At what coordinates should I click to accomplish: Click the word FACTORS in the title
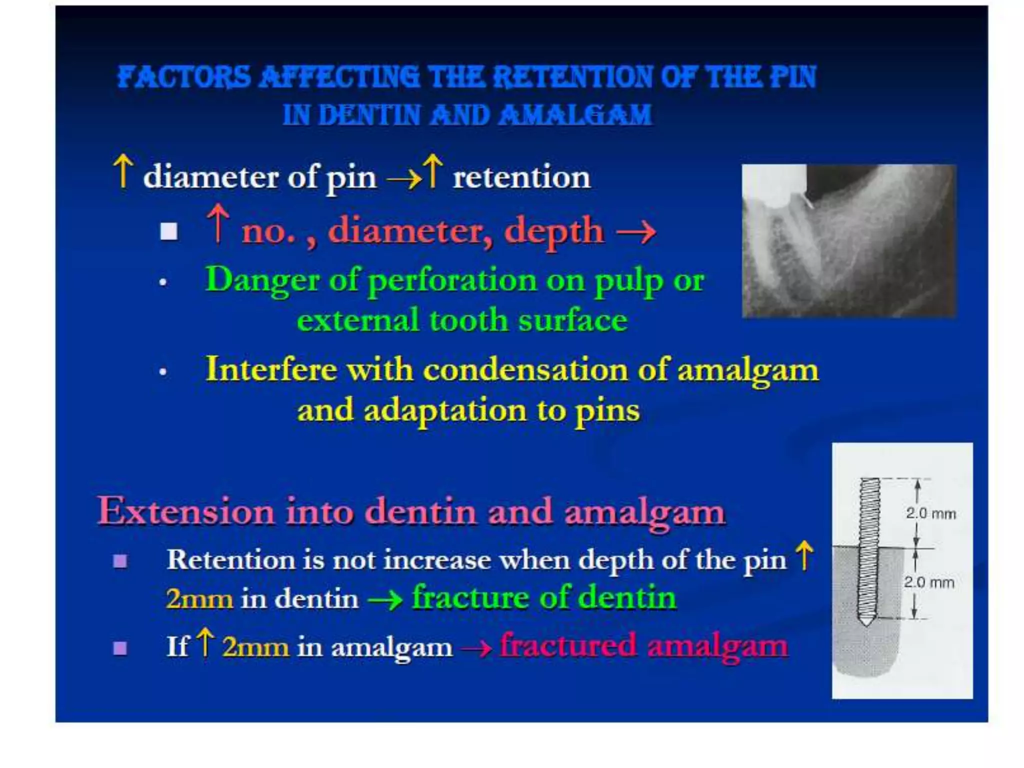184,77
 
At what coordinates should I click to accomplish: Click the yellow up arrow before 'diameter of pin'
123,171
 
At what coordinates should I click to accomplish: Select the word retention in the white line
521,177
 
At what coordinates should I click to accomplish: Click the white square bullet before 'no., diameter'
169,231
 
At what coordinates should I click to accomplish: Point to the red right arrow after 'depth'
635,232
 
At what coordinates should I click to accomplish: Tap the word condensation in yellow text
525,370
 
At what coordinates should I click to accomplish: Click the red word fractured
568,646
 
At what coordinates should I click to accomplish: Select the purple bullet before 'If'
120,648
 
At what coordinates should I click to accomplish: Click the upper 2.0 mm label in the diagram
930,513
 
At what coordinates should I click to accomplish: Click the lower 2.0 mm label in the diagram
928,582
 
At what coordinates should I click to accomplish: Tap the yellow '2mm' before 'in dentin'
199,599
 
